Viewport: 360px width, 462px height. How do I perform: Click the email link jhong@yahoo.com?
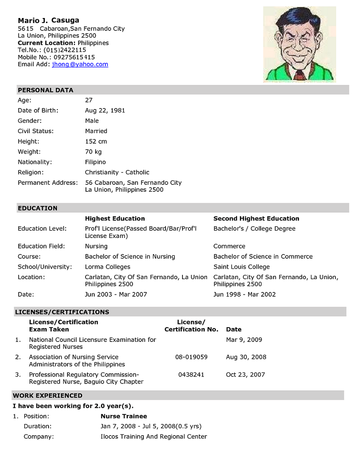[80, 65]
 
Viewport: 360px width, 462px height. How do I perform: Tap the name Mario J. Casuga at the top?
[49, 20]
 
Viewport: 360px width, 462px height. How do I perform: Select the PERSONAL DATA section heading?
[45, 90]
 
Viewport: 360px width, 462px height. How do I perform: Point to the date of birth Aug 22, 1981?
[105, 110]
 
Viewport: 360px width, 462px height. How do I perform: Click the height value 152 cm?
[96, 141]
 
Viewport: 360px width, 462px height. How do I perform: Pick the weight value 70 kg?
[93, 152]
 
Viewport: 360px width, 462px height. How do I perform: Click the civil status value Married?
[96, 131]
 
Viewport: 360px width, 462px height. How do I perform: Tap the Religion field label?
[31, 172]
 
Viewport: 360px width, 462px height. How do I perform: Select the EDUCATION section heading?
[37, 208]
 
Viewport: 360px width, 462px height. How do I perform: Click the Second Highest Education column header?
[256, 219]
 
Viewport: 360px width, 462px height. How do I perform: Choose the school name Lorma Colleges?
[108, 267]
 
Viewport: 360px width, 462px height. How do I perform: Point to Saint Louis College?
[242, 267]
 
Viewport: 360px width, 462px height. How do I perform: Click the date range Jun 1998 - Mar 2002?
[244, 294]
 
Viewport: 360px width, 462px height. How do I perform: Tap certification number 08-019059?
[191, 357]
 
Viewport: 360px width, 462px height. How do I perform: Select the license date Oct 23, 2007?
[245, 375]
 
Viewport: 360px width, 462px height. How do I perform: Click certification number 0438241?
[191, 375]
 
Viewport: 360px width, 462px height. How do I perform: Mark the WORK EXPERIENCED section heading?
[47, 396]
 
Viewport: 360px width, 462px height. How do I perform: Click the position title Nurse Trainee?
[124, 416]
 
